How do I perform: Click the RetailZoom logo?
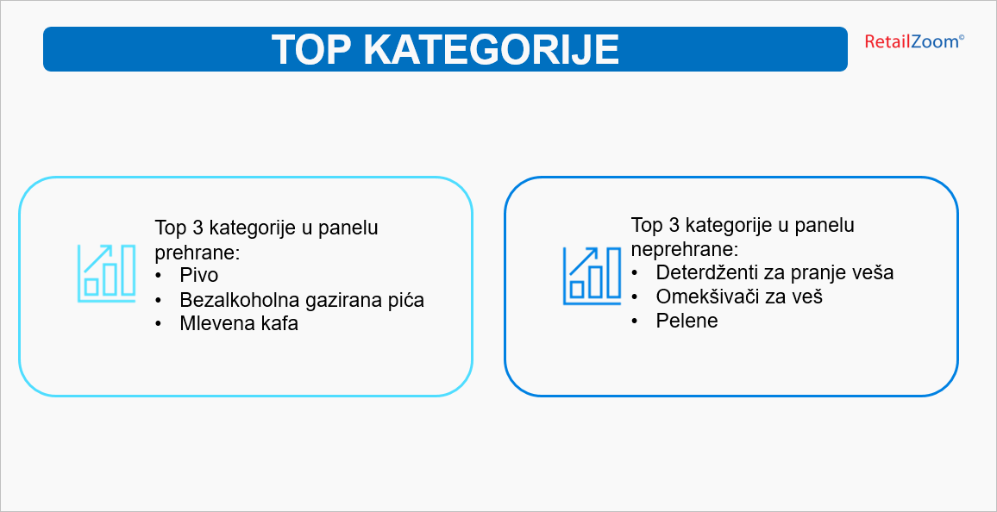913,42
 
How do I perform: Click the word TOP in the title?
311,49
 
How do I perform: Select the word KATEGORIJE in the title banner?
491,49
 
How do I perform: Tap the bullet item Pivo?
198,276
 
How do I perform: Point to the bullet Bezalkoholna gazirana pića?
302,300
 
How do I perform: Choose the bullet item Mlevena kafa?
239,323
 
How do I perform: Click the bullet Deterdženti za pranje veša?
774,272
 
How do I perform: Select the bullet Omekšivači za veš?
739,296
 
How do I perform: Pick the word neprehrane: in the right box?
684,249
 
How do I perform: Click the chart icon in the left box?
106,273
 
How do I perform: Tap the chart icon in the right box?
592,277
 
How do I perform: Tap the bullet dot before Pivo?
159,277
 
